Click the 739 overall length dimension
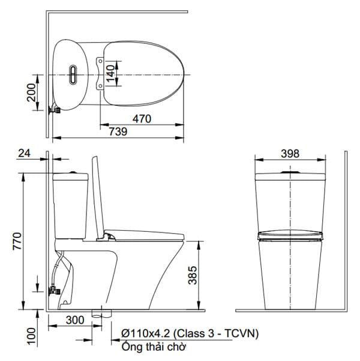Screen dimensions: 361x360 (118, 132)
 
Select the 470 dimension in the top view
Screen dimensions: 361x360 (141, 120)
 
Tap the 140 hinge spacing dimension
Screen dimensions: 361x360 (110, 74)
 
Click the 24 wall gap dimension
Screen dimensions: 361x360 (24, 153)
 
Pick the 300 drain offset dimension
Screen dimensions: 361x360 (74, 320)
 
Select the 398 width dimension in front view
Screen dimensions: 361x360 (290, 153)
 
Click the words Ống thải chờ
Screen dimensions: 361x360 (154, 347)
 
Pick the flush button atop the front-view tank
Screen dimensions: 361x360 (290, 172)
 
